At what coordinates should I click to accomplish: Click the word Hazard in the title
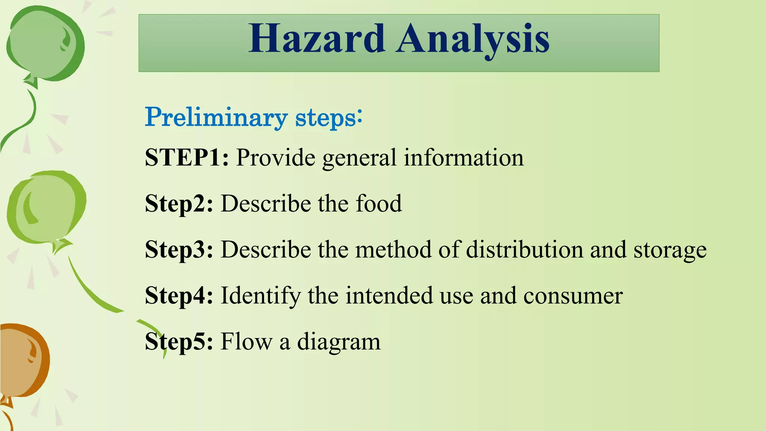[x=317, y=39]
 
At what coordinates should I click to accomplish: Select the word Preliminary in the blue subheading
[x=216, y=117]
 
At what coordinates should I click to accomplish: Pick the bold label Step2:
[x=179, y=204]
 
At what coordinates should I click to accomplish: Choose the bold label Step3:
[x=179, y=250]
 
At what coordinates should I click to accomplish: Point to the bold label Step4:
[x=179, y=296]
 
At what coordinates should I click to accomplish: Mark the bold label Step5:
[x=179, y=342]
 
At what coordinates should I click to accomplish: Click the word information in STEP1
[x=464, y=158]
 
